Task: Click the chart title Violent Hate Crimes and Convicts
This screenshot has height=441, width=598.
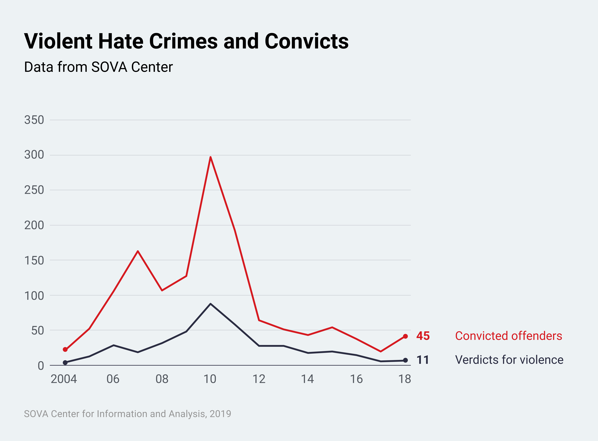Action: (186, 41)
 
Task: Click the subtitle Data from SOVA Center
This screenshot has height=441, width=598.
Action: (98, 67)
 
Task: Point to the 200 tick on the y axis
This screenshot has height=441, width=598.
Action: (34, 225)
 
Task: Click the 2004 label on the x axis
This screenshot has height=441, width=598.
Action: (64, 379)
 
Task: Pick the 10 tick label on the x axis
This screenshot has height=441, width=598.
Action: (210, 379)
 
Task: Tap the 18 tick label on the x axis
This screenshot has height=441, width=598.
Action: (405, 379)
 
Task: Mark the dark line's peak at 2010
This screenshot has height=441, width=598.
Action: (210, 304)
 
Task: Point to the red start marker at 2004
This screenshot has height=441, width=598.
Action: (65, 349)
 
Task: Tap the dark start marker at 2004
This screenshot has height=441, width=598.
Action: (65, 362)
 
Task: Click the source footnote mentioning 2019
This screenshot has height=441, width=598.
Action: (128, 414)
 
